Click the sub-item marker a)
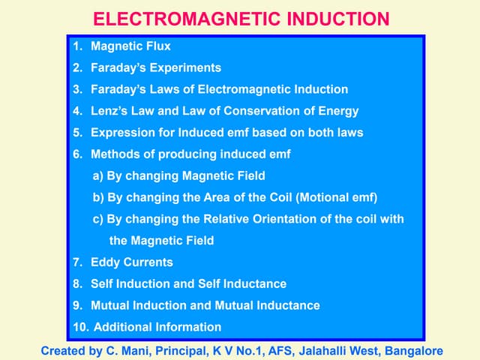click(99, 176)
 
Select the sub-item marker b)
click(99, 198)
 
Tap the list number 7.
click(76, 262)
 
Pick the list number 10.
click(79, 327)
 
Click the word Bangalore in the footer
click(411, 350)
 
